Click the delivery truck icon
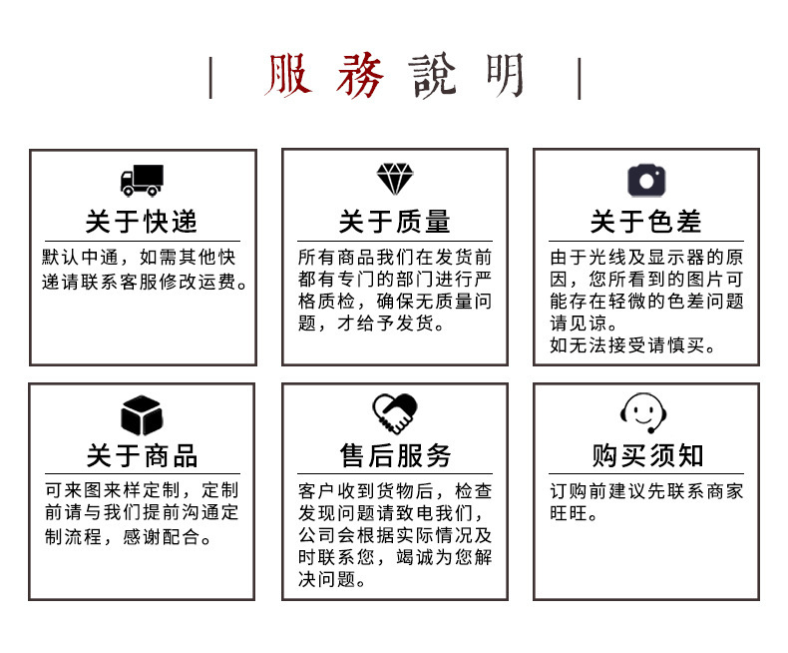pyautogui.click(x=142, y=181)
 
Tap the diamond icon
pyautogui.click(x=394, y=179)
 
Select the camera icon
pyautogui.click(x=646, y=180)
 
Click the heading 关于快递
pyautogui.click(x=142, y=222)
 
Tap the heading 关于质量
pyautogui.click(x=394, y=222)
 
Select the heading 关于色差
pyautogui.click(x=646, y=222)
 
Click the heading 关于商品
pyautogui.click(x=142, y=456)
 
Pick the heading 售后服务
pyautogui.click(x=395, y=456)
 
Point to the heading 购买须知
pyautogui.click(x=647, y=456)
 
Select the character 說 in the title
pyautogui.click(x=435, y=78)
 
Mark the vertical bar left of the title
pyautogui.click(x=210, y=78)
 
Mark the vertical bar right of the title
pyautogui.click(x=579, y=78)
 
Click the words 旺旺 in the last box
pyautogui.click(x=569, y=515)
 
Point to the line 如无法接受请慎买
pyautogui.click(x=633, y=346)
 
